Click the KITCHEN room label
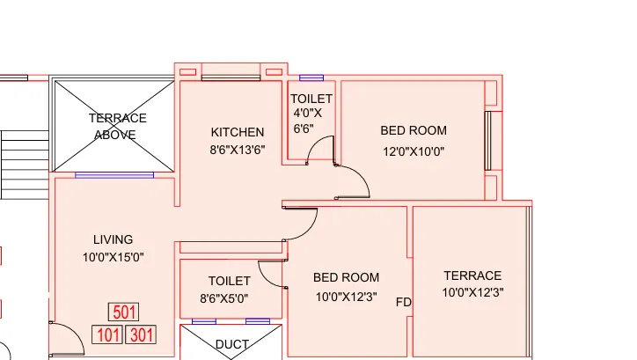[237, 132]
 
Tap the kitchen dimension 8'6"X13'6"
[237, 150]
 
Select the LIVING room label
[113, 239]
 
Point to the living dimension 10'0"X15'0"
[113, 257]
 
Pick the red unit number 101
[107, 334]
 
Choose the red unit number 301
[141, 334]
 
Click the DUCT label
[232, 344]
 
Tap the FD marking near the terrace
[404, 302]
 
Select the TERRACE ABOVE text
[117, 126]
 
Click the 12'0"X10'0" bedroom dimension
[414, 150]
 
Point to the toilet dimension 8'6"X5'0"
[231, 298]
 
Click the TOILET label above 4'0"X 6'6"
[311, 99]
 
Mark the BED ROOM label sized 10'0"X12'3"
[346, 277]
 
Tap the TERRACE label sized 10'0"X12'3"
[472, 276]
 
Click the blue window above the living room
[114, 175]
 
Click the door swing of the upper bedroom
[354, 180]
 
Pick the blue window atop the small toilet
[311, 78]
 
